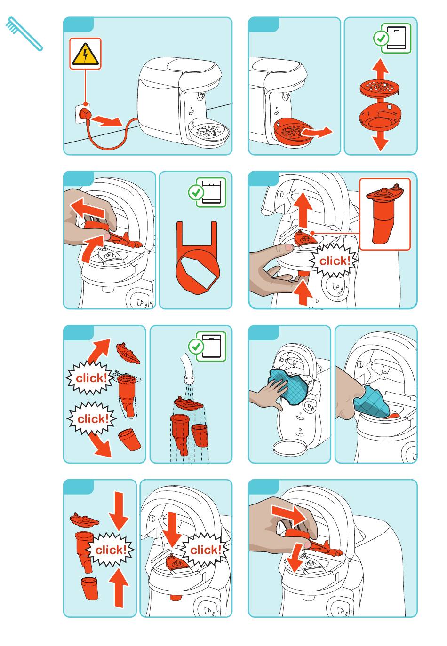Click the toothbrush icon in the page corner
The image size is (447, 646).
pos(24,34)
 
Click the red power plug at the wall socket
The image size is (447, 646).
pos(86,115)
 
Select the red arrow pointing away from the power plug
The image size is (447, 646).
pos(108,120)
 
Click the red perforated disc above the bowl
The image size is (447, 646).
pos(379,87)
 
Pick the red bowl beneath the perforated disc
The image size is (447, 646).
pos(380,116)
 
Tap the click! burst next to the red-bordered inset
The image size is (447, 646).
pos(334,261)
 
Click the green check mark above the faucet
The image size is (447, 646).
pos(196,346)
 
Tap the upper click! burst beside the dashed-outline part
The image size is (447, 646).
pos(90,378)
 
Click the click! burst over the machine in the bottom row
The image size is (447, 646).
pos(206,550)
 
